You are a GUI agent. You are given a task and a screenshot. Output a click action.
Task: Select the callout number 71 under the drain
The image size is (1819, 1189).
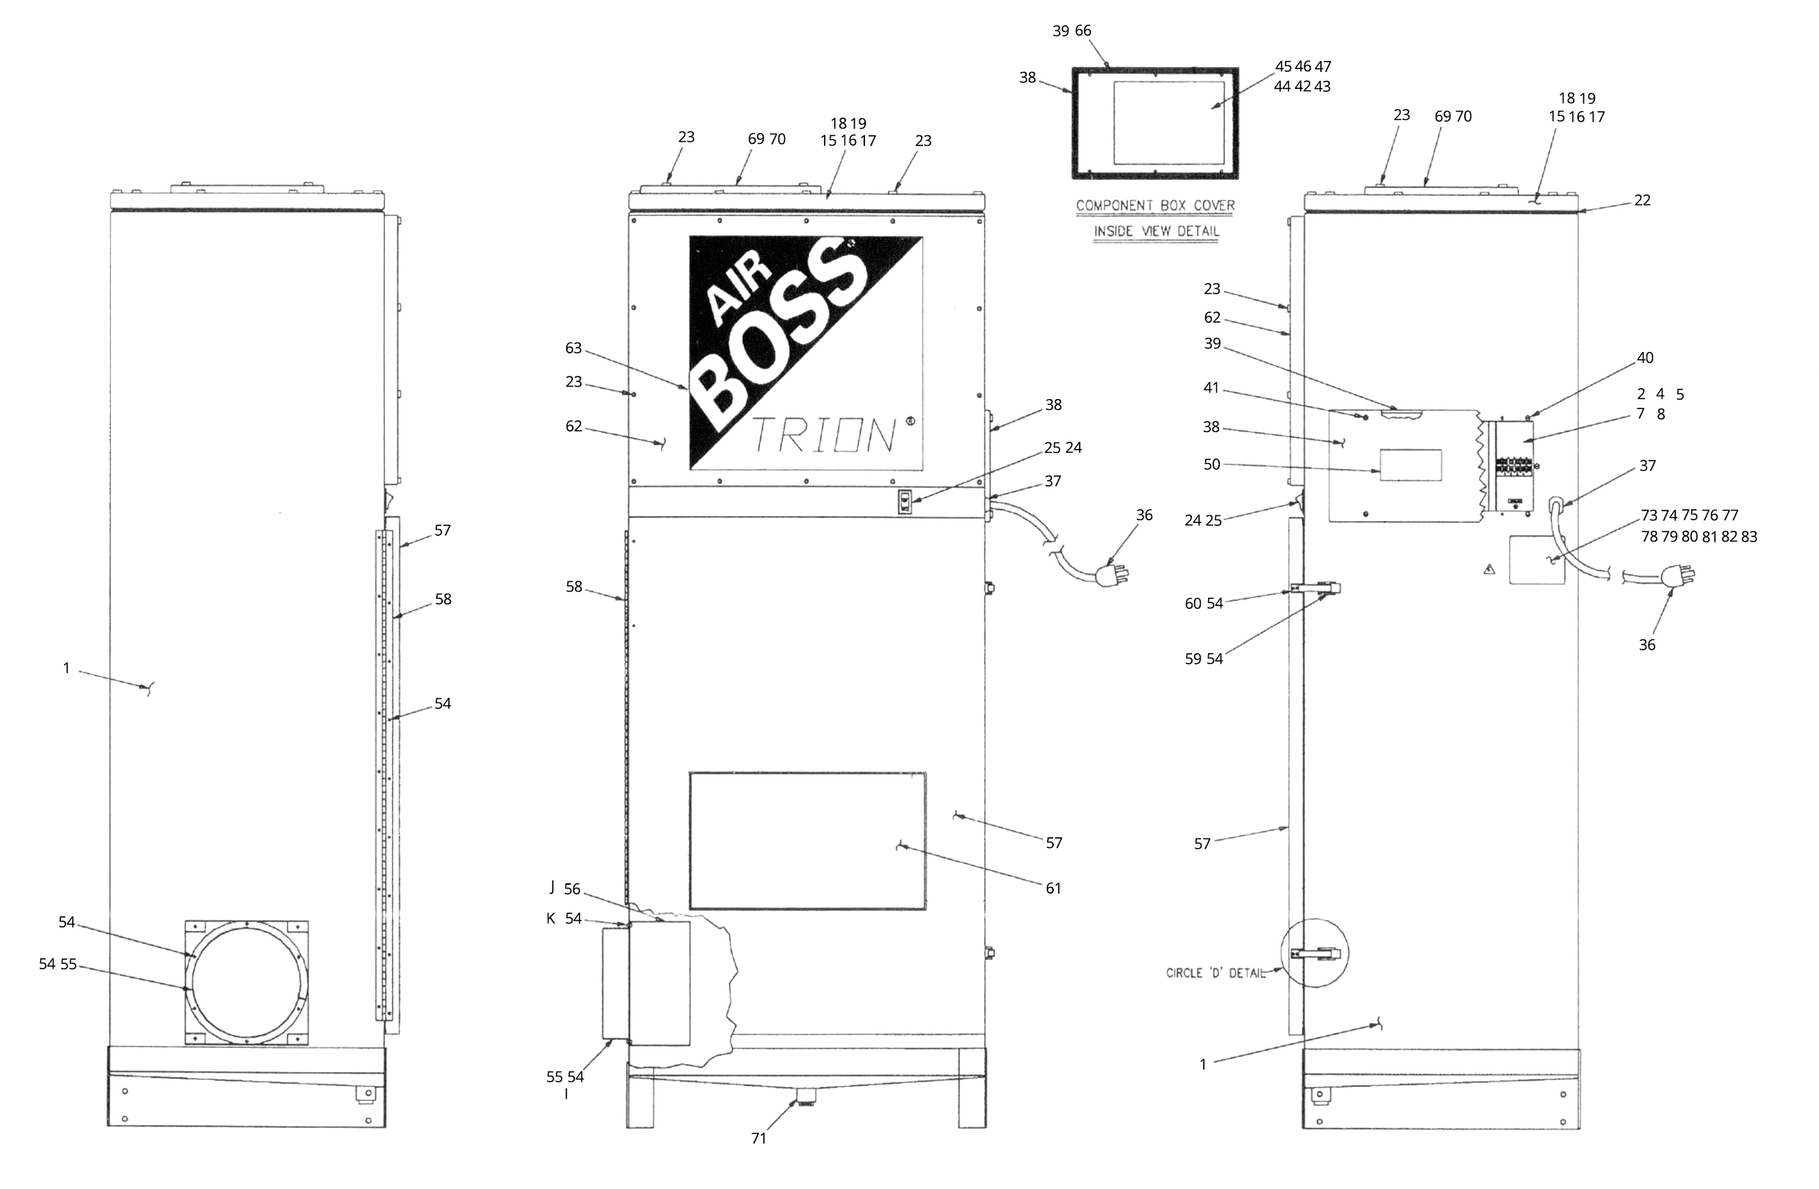(x=758, y=1138)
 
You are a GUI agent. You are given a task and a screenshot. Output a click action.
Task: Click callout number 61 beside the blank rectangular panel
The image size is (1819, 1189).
(x=1053, y=888)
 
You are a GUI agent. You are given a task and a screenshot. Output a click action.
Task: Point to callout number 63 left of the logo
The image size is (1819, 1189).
(x=574, y=348)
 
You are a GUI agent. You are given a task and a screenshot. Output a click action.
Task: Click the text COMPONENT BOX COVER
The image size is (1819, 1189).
(x=1155, y=206)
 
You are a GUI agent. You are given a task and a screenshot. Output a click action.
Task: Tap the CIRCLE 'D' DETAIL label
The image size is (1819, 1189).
(x=1215, y=974)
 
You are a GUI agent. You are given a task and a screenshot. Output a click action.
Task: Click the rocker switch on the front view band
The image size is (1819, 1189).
(x=905, y=503)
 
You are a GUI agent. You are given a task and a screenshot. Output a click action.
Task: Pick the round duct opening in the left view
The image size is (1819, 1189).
(x=247, y=983)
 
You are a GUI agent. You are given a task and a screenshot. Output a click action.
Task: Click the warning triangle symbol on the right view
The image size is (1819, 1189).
(x=1489, y=570)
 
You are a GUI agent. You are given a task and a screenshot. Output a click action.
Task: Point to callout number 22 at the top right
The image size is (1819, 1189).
(x=1642, y=201)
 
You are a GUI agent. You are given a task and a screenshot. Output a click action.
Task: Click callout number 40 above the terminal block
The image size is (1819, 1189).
(x=1645, y=358)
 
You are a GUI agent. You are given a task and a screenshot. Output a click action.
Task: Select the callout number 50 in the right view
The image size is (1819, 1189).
(x=1212, y=465)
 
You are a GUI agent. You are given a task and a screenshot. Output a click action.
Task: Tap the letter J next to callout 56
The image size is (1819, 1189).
(x=552, y=887)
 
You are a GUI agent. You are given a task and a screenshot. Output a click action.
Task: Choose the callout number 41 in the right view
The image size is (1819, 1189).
(x=1211, y=389)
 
